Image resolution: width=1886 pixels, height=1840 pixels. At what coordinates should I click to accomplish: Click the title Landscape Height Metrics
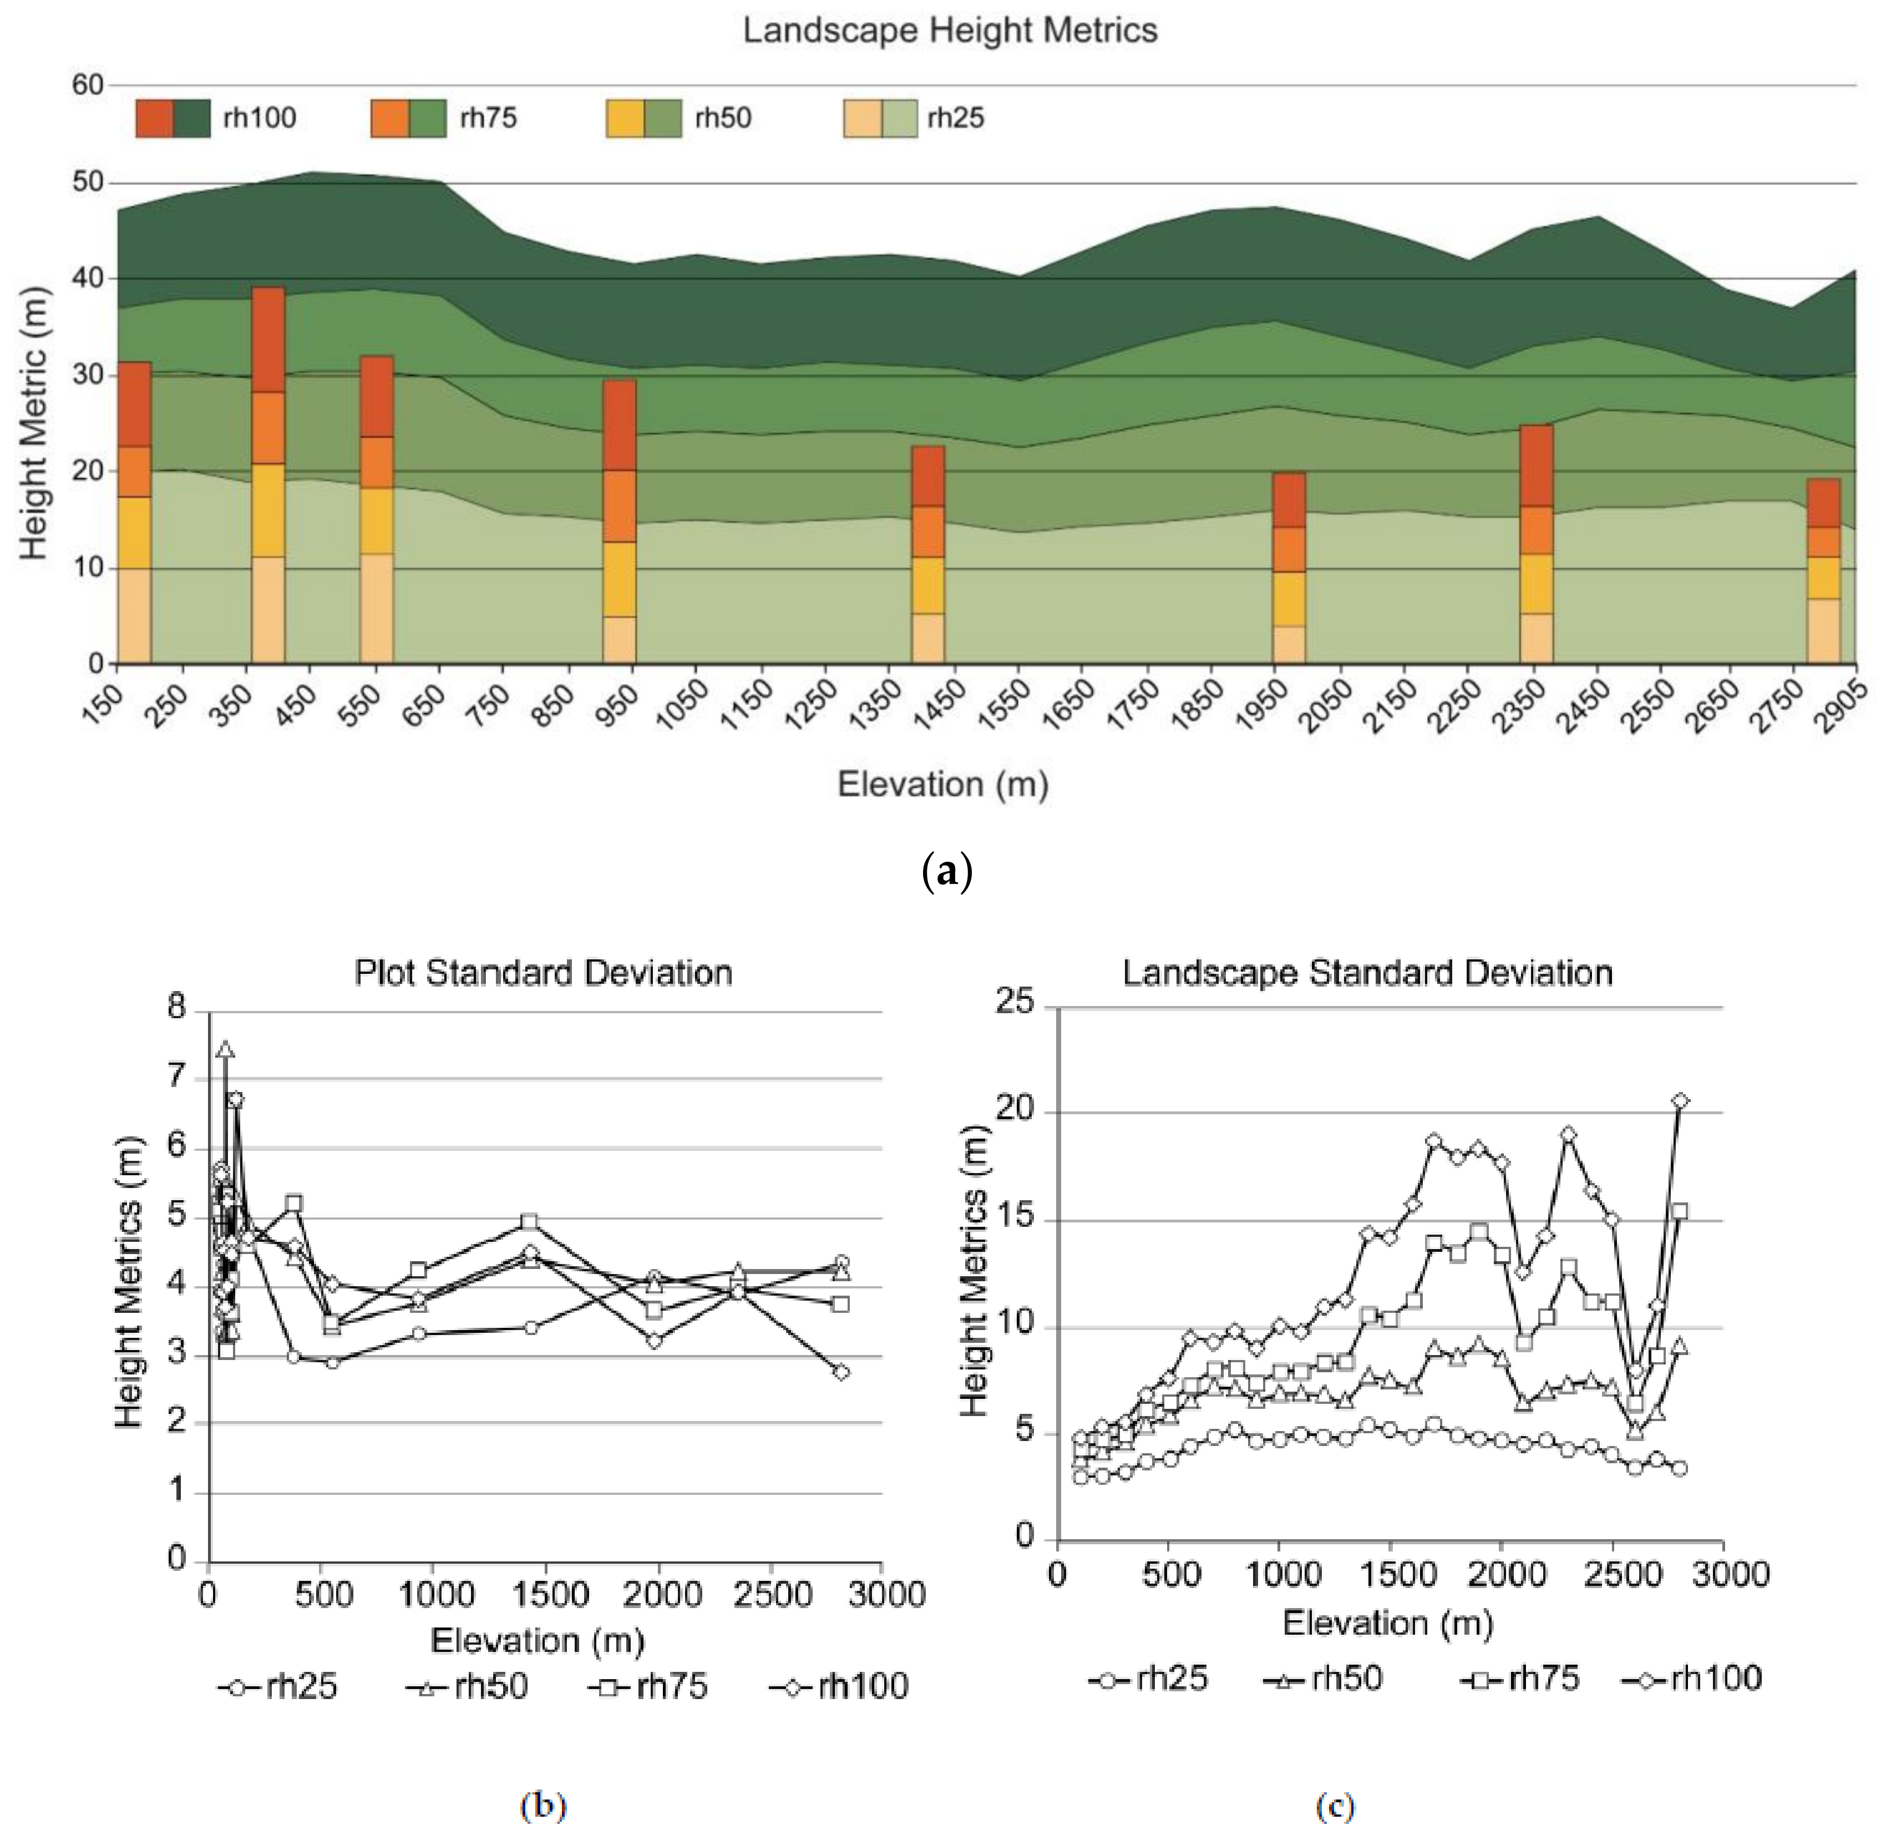coord(950,31)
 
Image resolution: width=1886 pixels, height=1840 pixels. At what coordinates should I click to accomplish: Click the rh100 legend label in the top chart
coord(259,118)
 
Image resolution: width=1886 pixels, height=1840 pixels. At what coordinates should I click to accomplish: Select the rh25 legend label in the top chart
coord(956,118)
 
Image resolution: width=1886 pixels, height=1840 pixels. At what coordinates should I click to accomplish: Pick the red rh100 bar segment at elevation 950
coord(618,425)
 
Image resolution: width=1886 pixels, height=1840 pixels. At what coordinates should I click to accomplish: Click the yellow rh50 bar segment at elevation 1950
coord(1289,599)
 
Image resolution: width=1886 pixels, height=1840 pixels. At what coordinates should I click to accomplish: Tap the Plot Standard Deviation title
coord(543,972)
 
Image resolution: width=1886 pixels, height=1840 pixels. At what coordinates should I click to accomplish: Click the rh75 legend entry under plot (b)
coord(649,1686)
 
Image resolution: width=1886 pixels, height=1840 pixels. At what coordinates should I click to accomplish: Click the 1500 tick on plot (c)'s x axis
coord(1390,1575)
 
